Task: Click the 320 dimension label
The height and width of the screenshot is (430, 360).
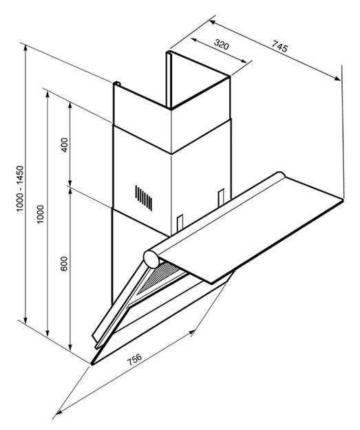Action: (x=221, y=45)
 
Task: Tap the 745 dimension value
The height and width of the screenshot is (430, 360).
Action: (x=280, y=46)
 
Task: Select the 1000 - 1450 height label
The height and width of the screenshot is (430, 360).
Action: (x=21, y=189)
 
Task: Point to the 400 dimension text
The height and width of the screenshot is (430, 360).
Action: (x=64, y=144)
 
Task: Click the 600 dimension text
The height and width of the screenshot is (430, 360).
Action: (x=63, y=264)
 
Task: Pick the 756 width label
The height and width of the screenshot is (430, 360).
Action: (x=134, y=359)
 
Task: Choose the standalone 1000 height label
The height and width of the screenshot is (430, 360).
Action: (x=41, y=214)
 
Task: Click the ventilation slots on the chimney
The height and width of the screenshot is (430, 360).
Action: (x=143, y=197)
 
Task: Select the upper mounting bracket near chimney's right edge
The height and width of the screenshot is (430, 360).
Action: (x=221, y=197)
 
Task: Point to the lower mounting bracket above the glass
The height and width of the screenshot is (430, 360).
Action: (x=180, y=223)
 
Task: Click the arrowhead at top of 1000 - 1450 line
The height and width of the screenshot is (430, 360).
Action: (x=25, y=49)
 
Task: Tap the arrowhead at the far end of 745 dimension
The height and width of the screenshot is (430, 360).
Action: (x=337, y=78)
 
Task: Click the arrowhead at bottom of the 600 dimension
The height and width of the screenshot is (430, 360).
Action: (x=70, y=347)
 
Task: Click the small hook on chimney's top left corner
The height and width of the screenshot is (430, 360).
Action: (x=116, y=83)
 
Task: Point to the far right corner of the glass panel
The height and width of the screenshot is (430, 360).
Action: (x=343, y=200)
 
